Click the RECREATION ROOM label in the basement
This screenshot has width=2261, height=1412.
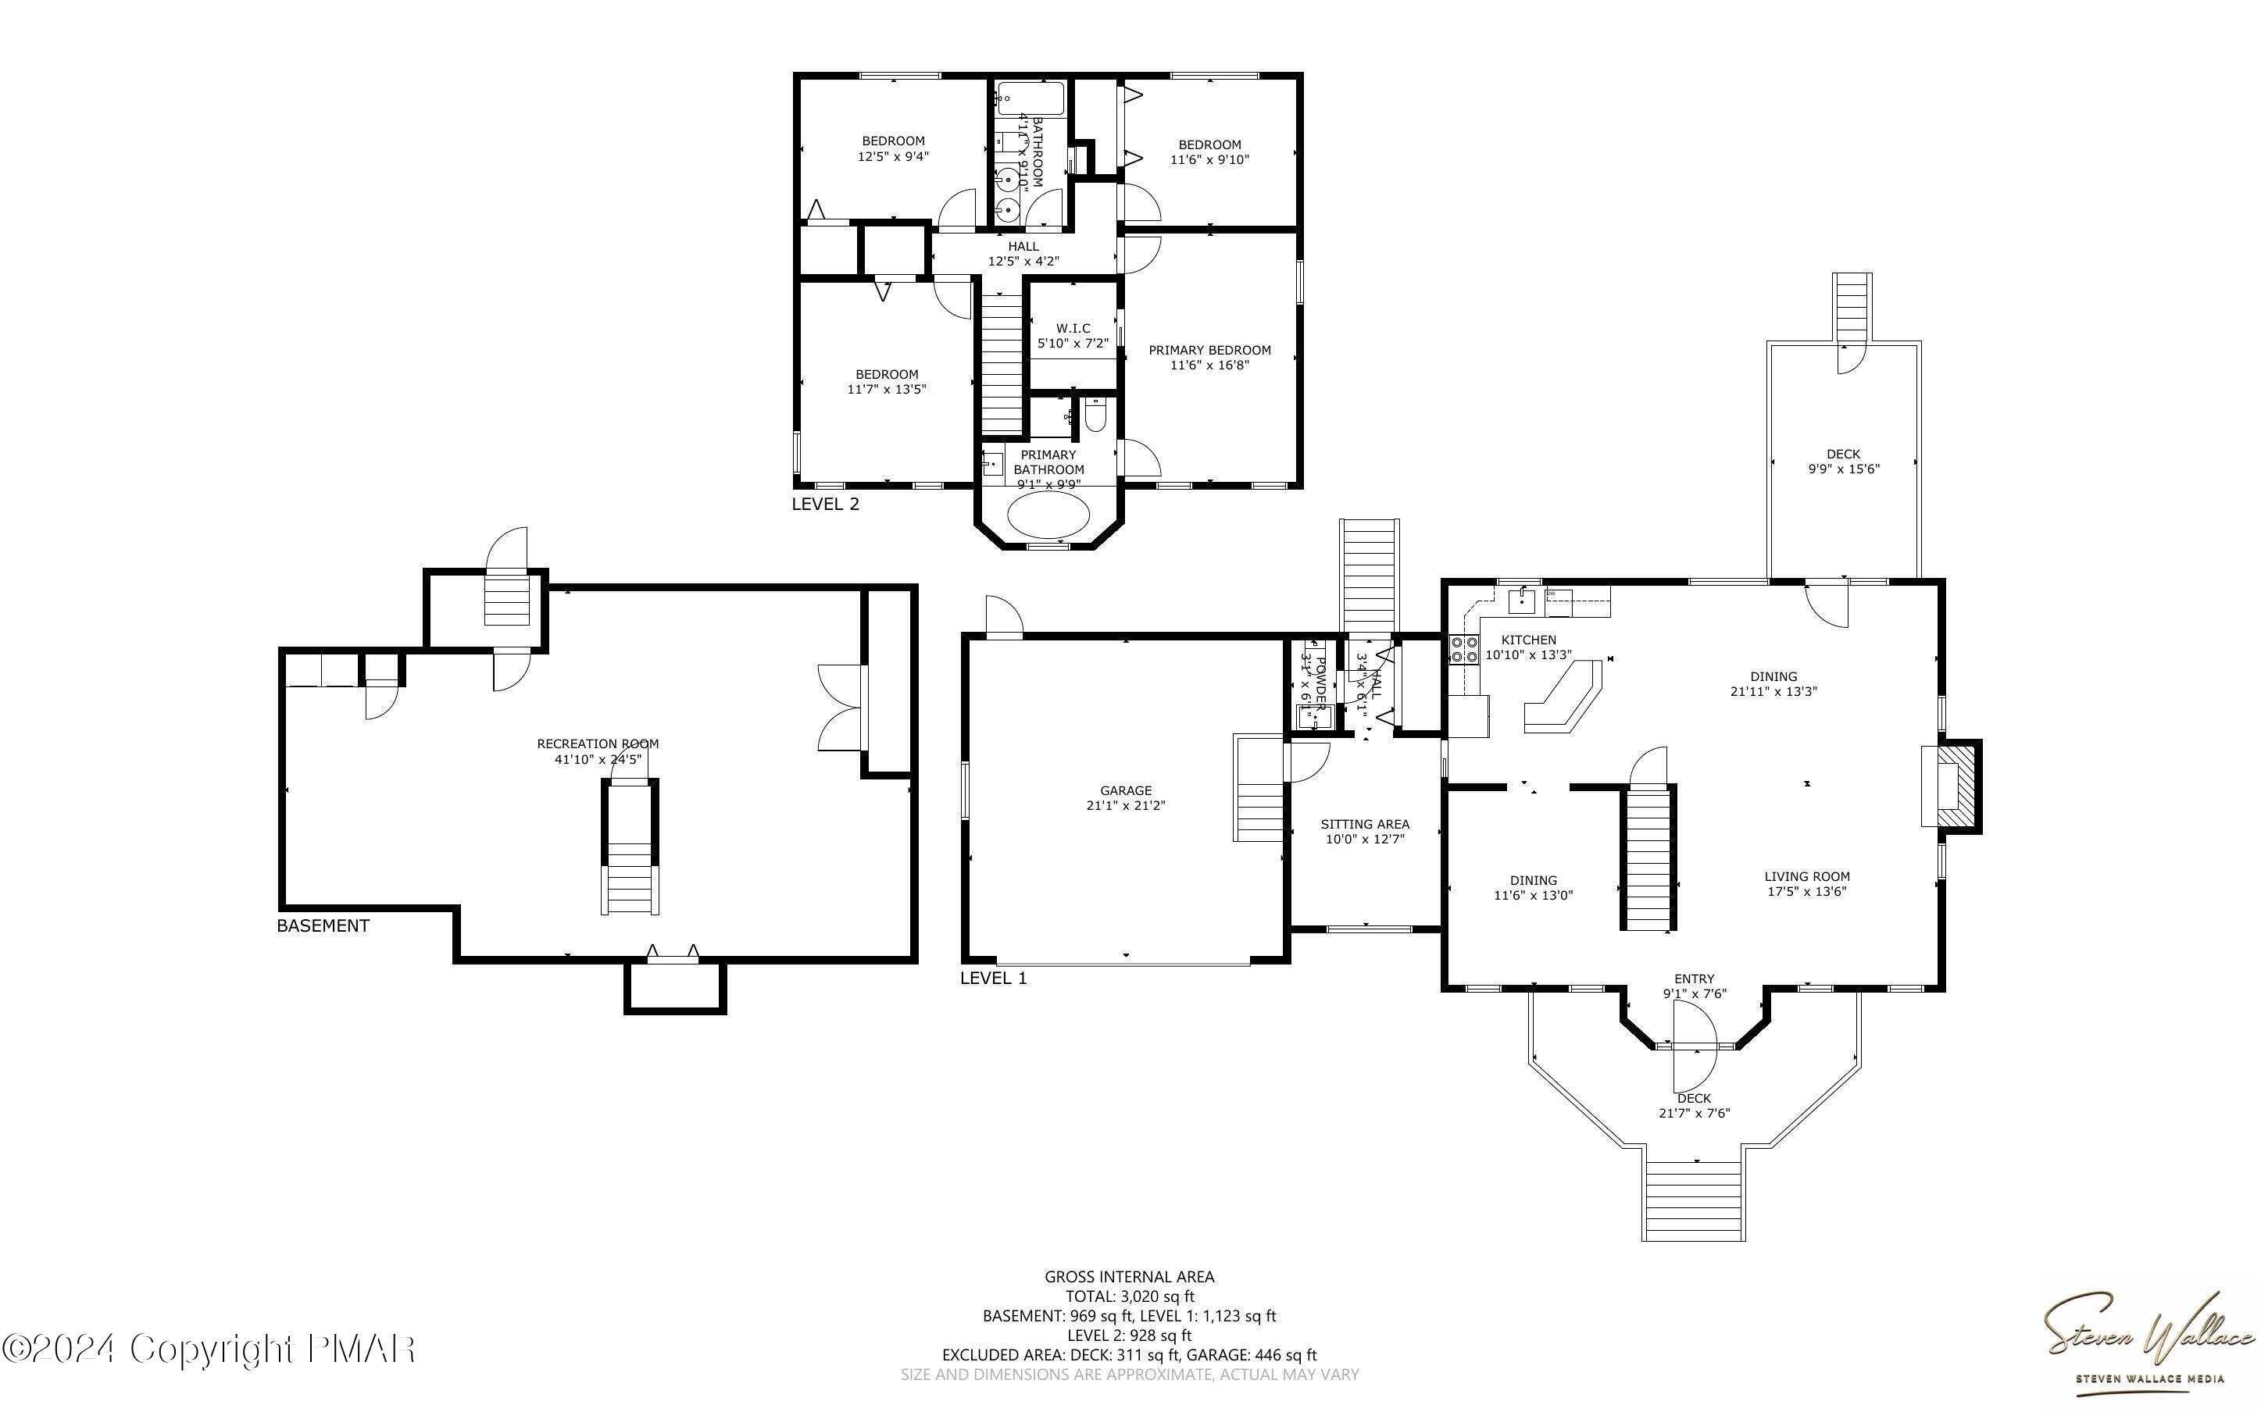pos(598,744)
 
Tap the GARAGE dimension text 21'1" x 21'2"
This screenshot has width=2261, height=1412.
pos(1125,806)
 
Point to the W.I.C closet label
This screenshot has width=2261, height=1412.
pos(1073,329)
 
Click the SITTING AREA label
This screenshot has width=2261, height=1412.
pos(1364,825)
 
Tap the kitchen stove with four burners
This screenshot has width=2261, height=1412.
pos(1463,649)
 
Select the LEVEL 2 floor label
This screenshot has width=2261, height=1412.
pos(826,505)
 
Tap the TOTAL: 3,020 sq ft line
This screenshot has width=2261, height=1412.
pos(1130,1296)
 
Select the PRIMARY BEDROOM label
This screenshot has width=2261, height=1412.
pos(1209,350)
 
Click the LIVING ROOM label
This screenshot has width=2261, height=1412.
pos(1807,877)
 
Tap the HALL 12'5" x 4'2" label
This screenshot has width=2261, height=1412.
pos(1023,254)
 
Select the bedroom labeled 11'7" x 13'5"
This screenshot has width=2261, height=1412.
pos(886,382)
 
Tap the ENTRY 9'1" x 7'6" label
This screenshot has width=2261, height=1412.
pos(1694,986)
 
